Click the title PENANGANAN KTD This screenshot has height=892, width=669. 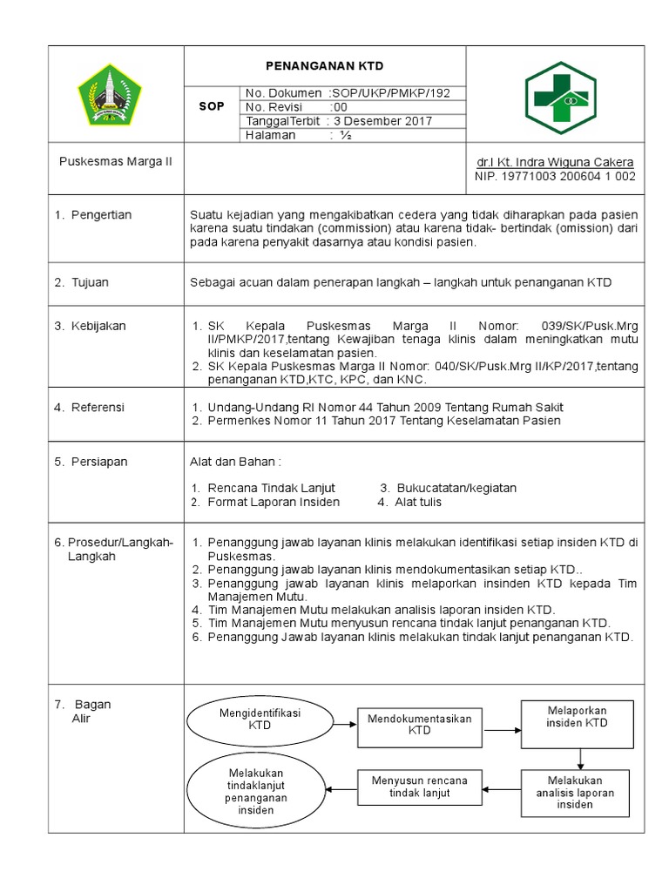point(324,66)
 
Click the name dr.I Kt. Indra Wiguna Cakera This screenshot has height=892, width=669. point(555,163)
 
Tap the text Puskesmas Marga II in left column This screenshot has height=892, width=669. point(116,163)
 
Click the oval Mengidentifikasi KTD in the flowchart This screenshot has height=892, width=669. point(260,719)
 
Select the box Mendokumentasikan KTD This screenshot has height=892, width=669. point(419,725)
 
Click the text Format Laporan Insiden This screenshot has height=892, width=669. point(273,502)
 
